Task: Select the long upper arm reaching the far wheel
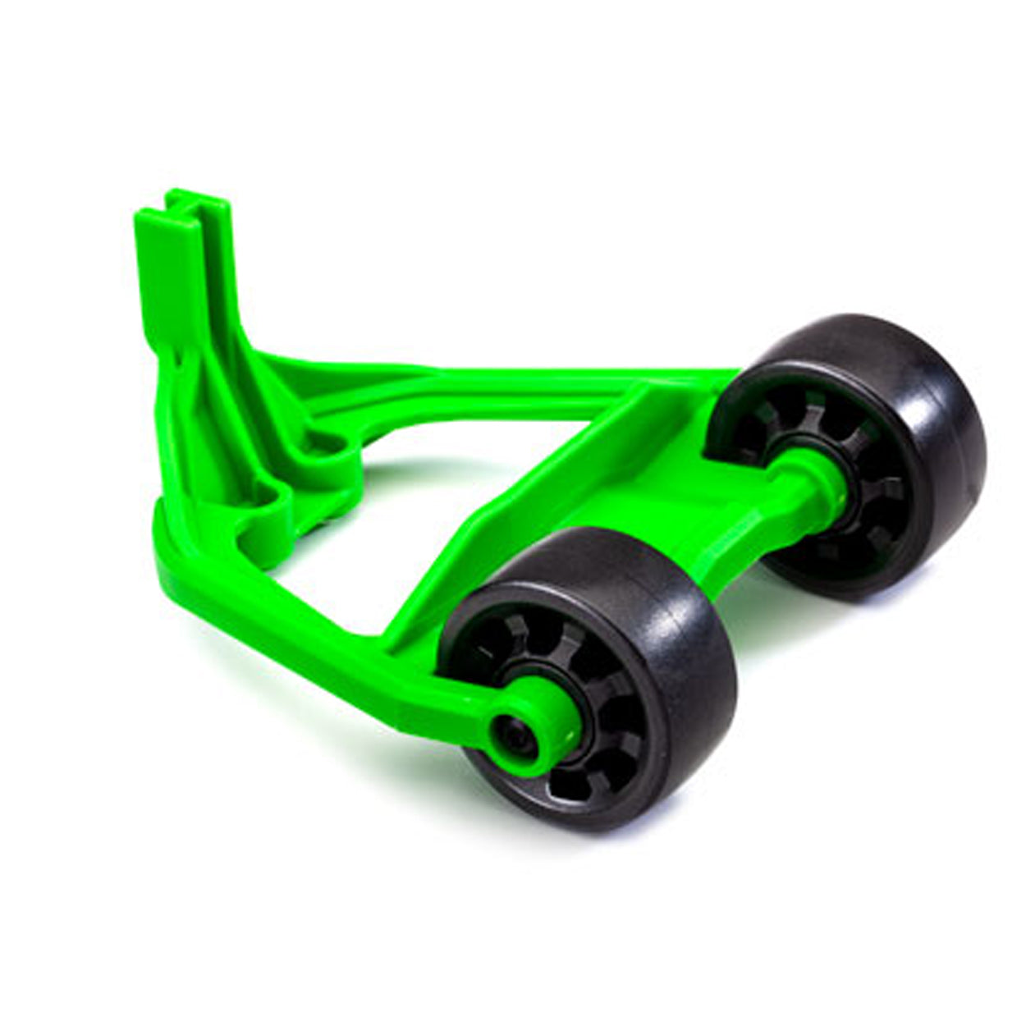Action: point(492,369)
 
